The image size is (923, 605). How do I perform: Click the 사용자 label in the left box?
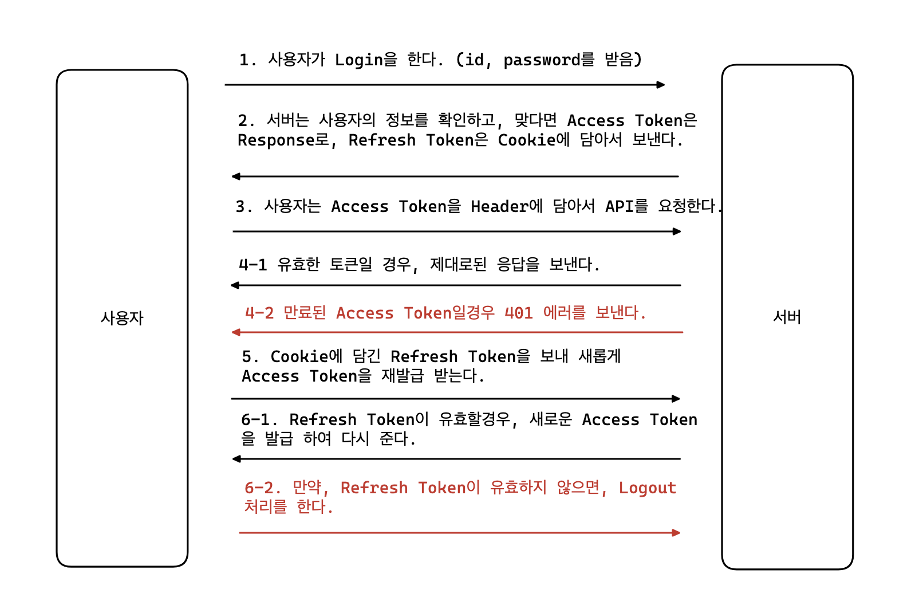(122, 318)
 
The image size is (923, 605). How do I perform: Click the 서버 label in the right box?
(787, 317)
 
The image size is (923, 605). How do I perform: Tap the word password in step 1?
(542, 60)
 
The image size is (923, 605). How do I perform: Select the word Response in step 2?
(275, 140)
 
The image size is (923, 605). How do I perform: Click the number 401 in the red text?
(519, 313)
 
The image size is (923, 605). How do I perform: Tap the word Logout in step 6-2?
(648, 488)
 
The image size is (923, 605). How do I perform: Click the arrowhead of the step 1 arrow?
(661, 85)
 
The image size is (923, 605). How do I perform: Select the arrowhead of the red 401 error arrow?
(235, 332)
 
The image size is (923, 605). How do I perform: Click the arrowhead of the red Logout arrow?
(676, 533)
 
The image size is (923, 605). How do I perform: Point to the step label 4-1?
(253, 265)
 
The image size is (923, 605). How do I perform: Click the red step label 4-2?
(259, 313)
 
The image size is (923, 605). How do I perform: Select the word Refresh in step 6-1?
(323, 420)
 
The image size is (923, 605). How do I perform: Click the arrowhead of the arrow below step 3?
(677, 231)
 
